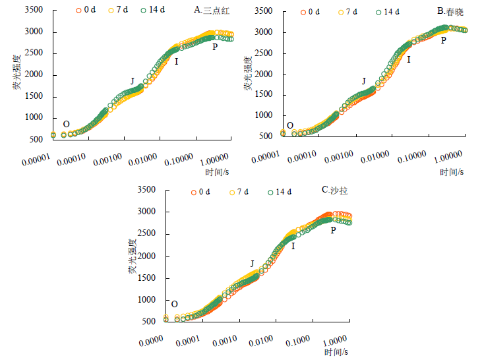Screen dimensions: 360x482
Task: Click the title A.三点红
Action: coord(211,11)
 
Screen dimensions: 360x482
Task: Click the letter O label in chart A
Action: coord(66,124)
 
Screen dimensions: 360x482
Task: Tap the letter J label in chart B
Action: coord(363,81)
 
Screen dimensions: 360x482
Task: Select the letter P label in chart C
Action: coord(333,230)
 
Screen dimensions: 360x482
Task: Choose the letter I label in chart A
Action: coord(176,62)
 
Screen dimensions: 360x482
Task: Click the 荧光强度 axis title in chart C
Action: coord(133,256)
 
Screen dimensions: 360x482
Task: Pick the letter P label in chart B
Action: coord(443,40)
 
